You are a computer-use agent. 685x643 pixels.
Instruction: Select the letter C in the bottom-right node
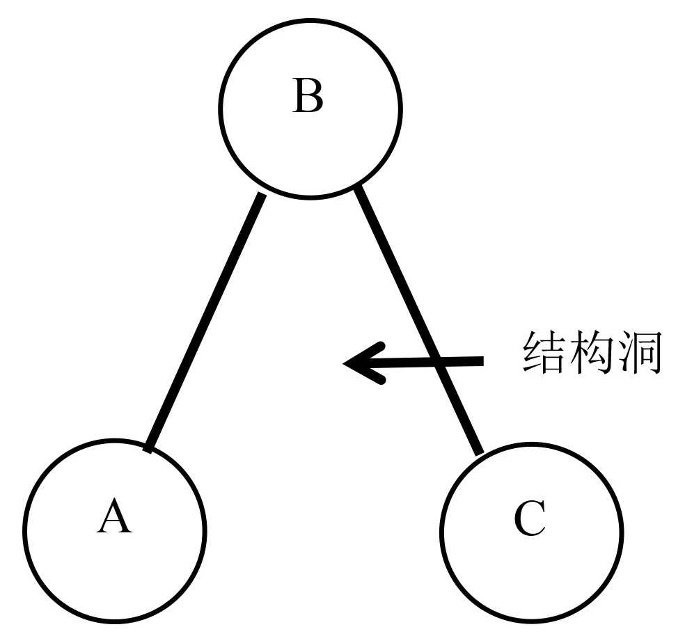(530, 519)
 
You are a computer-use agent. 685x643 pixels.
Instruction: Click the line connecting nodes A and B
(205, 321)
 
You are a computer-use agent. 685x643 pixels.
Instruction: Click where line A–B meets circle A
(148, 448)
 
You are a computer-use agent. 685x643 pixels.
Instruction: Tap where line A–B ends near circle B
(261, 196)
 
